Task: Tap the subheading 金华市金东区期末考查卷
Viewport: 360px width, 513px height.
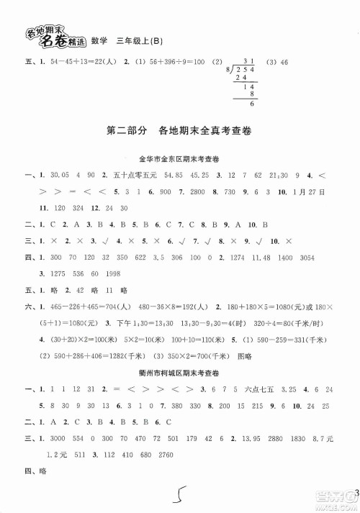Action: (179, 158)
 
